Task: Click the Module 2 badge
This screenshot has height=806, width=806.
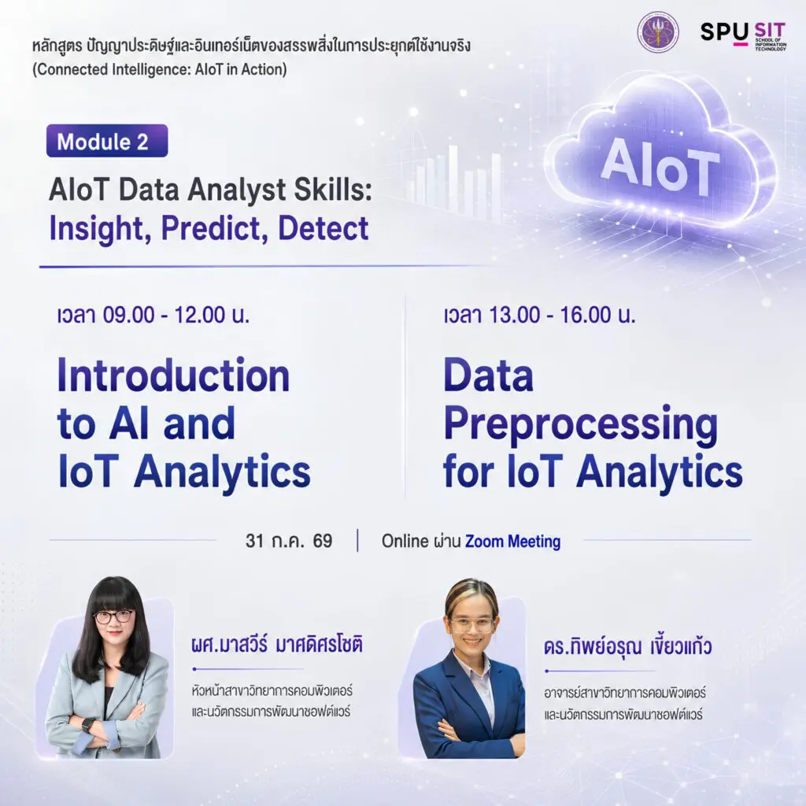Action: tap(107, 141)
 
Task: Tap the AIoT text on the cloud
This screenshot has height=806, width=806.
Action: tap(660, 167)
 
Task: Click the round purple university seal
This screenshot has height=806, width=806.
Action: tap(657, 31)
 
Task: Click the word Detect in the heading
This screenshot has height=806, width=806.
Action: tap(324, 228)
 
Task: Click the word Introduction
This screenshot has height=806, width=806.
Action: tap(174, 375)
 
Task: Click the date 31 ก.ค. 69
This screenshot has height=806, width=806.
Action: tap(289, 541)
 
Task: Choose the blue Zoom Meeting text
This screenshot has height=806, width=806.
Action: tap(512, 542)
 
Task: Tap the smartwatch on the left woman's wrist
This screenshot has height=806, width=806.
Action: tap(88, 725)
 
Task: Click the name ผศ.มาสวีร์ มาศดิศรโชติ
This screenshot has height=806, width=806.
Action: tap(276, 644)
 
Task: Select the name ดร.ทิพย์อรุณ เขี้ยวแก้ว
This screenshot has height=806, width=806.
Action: tap(627, 645)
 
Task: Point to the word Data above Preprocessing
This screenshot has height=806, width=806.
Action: tap(488, 375)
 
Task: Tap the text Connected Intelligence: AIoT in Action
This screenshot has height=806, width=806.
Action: tap(159, 69)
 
